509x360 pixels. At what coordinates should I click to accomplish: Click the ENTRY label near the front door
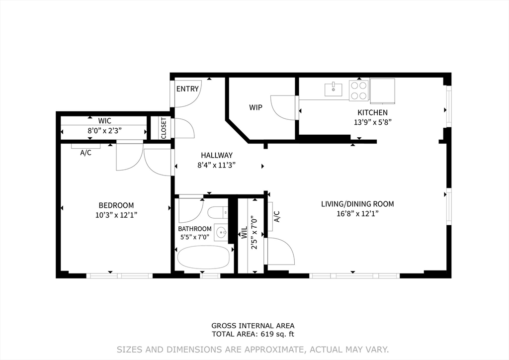point(187,89)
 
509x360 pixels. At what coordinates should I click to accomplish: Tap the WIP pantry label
point(255,107)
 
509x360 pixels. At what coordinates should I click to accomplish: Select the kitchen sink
point(334,90)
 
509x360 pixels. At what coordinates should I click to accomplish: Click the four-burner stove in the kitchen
point(359,90)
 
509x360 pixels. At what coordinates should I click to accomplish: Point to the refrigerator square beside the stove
point(382,91)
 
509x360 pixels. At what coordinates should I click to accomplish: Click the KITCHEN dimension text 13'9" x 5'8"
point(373,122)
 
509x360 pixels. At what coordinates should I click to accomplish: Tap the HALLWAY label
point(217,155)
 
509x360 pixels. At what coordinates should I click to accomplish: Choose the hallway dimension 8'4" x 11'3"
point(217,165)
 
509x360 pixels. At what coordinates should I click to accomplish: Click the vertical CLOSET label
point(163,128)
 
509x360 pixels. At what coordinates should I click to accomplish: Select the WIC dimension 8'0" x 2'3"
point(104,131)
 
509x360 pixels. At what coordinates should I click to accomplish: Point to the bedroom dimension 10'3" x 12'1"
point(116,215)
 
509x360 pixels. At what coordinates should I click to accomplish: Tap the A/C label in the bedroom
point(85,153)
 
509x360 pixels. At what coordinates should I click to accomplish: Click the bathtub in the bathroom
point(203,258)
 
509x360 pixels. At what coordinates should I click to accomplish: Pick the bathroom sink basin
point(221,232)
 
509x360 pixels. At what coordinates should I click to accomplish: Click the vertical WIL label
point(244,233)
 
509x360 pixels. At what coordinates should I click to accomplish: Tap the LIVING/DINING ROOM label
point(357,204)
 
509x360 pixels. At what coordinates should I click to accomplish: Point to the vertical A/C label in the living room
point(276,216)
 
